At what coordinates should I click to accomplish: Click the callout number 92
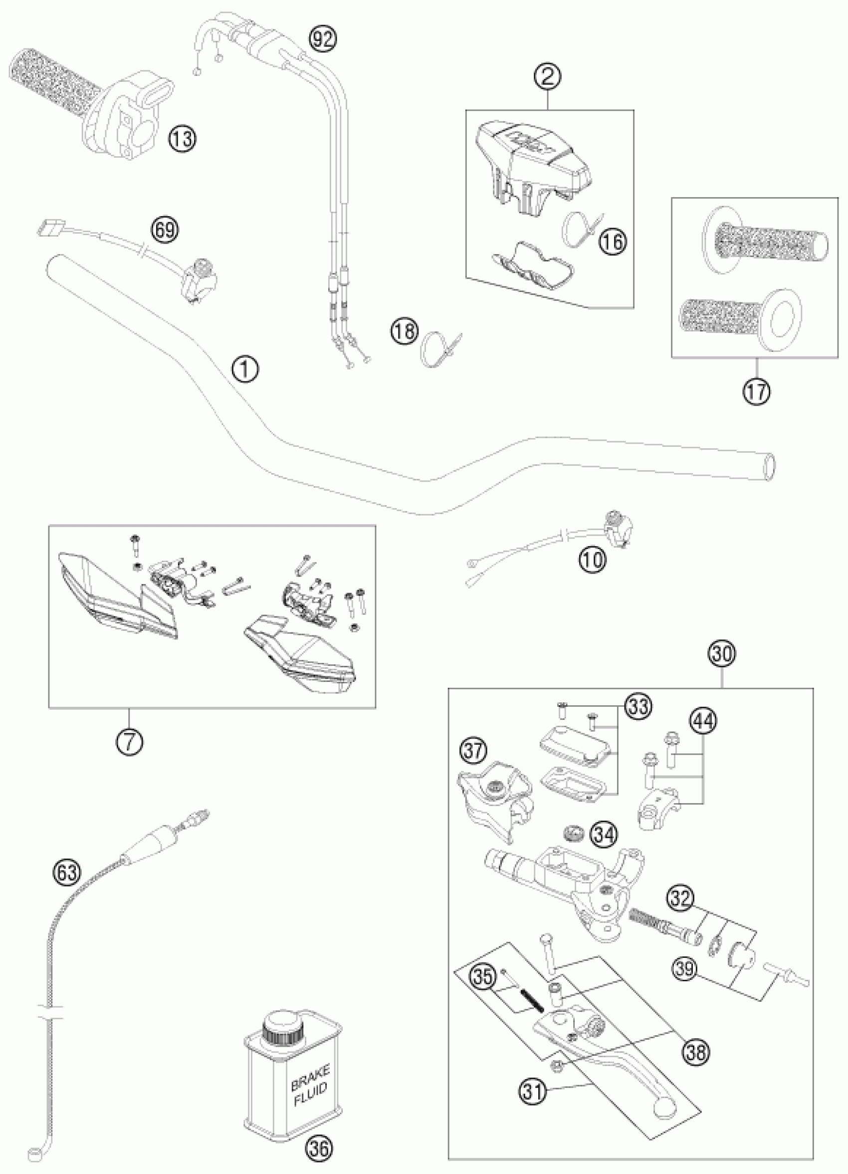click(x=322, y=40)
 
